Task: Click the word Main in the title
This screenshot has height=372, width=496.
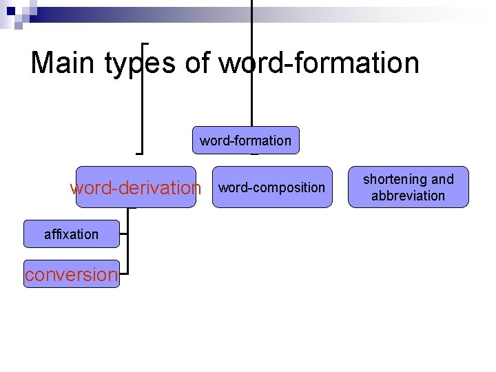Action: pos(63,63)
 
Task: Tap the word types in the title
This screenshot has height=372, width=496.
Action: pos(141,64)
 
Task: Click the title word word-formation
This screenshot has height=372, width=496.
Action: pos(319,63)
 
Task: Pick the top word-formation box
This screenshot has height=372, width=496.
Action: pos(245,141)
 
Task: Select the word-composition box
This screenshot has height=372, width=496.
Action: pos(271,187)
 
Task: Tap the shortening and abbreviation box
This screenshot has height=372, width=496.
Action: pos(408,187)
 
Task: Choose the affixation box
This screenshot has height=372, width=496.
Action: pos(71,234)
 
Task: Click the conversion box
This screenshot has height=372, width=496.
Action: pos(71,274)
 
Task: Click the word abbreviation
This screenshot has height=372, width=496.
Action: pos(408,196)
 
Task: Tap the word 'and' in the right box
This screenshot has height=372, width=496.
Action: pos(442,179)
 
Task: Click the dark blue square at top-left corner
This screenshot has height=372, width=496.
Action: pos(10,10)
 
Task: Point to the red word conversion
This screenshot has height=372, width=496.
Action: pos(71,274)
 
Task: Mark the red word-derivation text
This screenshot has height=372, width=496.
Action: pos(136,188)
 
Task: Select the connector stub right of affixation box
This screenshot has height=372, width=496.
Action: pos(123,234)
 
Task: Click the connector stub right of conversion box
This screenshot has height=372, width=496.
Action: pos(123,273)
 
